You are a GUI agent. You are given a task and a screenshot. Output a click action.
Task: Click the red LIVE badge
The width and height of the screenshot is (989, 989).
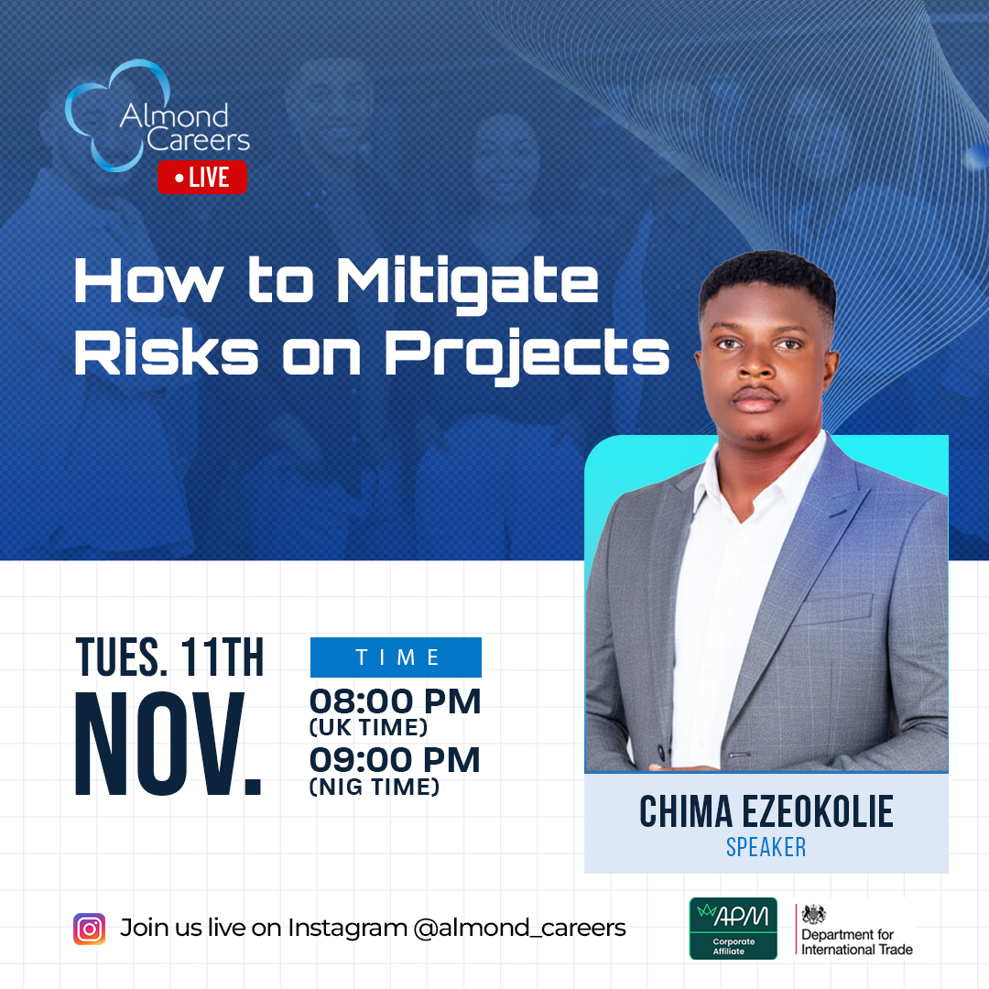[x=201, y=178]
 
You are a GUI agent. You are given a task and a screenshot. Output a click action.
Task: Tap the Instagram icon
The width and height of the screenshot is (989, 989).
[x=89, y=929]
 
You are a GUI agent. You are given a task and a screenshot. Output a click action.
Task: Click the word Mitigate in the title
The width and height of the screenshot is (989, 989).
[x=467, y=283]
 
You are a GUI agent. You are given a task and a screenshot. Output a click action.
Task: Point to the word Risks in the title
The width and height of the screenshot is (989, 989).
[x=167, y=353]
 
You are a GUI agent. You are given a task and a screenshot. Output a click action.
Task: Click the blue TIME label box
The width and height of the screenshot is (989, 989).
[x=396, y=658]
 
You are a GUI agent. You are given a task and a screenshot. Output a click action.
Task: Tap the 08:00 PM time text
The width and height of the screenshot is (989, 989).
[x=395, y=701]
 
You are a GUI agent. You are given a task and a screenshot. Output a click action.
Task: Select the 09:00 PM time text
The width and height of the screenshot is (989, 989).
[x=395, y=759]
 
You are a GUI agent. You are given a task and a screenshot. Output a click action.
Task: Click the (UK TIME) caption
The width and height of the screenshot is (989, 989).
[x=368, y=727]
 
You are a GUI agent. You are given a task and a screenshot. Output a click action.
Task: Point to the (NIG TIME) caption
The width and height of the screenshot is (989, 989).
[x=374, y=787]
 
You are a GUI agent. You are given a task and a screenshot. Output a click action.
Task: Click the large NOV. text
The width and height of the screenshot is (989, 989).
[x=168, y=744]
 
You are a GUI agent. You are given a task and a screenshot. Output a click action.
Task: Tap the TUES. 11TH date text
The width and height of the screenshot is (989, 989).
[x=169, y=658]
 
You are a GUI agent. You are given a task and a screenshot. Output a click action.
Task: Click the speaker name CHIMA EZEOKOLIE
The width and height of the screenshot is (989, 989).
[x=766, y=811]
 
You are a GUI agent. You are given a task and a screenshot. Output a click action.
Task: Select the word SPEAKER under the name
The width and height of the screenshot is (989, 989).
[x=766, y=847]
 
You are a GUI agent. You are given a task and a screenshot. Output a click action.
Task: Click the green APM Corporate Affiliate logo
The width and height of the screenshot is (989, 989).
[x=733, y=929]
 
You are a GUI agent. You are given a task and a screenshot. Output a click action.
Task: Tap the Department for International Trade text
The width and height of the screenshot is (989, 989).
[x=856, y=941]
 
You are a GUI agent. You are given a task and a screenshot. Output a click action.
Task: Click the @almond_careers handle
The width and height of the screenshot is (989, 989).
[x=520, y=928]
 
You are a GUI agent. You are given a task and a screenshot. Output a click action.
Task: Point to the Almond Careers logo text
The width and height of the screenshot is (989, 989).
[x=185, y=128]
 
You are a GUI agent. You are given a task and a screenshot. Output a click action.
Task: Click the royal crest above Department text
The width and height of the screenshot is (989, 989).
[x=813, y=914]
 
